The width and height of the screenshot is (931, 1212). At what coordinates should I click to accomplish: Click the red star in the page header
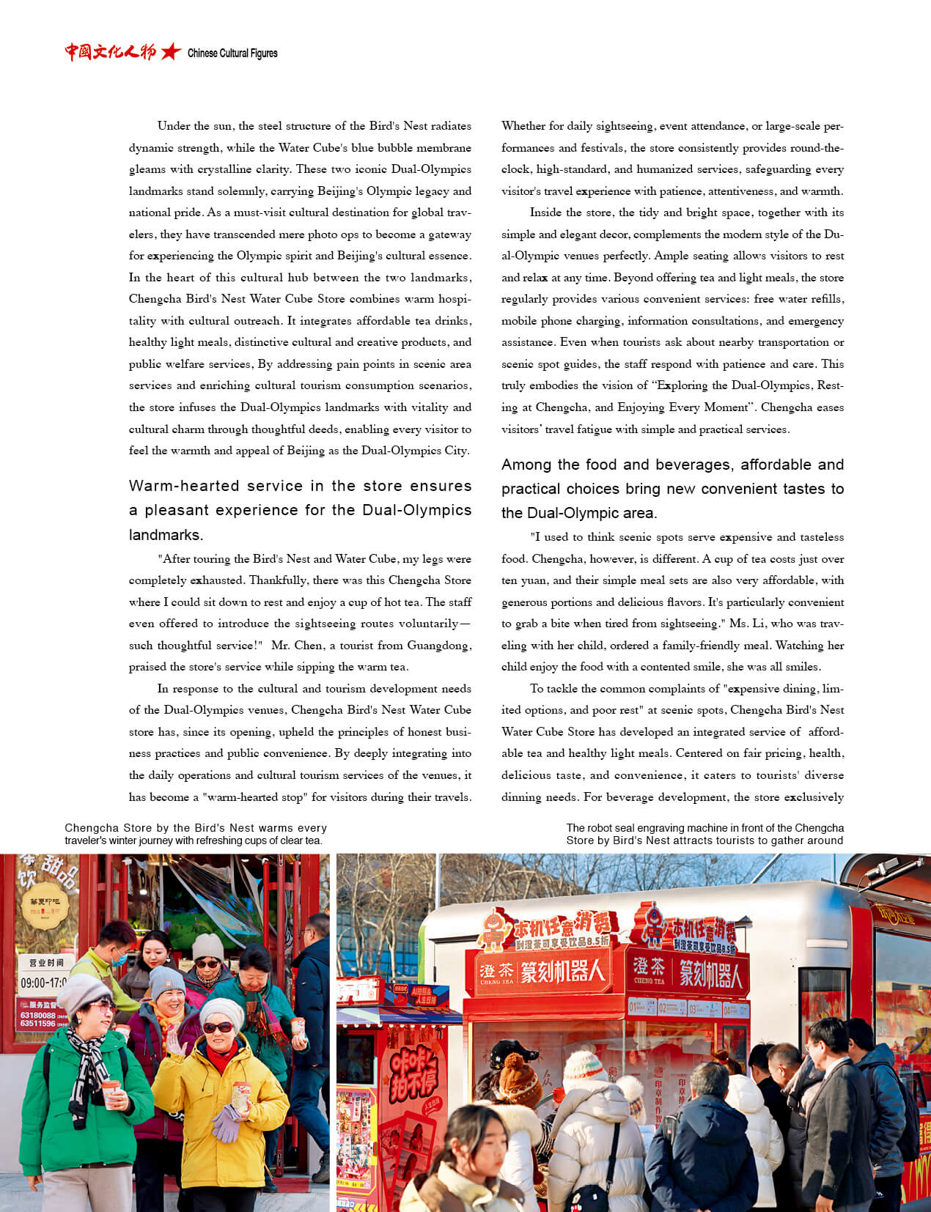171,52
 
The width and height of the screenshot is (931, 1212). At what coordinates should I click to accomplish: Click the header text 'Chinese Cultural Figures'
232,53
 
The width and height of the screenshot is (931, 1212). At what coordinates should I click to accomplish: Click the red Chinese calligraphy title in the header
110,52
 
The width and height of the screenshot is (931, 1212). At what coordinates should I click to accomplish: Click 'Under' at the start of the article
173,126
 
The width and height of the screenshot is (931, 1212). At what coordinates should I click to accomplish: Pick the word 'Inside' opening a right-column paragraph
545,213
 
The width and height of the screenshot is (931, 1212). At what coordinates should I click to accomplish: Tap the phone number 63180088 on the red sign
37,1015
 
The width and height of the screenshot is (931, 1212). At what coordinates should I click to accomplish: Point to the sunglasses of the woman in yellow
218,1028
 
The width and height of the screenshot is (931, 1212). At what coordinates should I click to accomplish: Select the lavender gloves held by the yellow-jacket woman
228,1122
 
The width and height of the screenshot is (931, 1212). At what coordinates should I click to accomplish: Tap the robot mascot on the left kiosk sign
496,929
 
